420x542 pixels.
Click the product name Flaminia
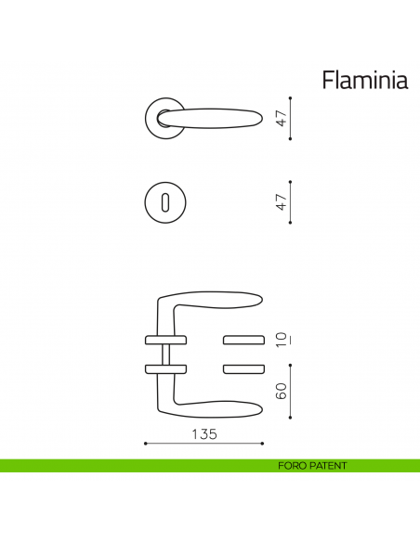pos(365,81)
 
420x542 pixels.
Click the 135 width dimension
pos(204,434)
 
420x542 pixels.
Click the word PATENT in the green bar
pos(329,466)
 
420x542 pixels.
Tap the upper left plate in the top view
pos(159,336)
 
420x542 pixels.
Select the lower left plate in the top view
pos(159,369)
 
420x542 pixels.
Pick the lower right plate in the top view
pos(243,369)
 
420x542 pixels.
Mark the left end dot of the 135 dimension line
pos(146,444)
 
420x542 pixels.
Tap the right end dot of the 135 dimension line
pos(262,444)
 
